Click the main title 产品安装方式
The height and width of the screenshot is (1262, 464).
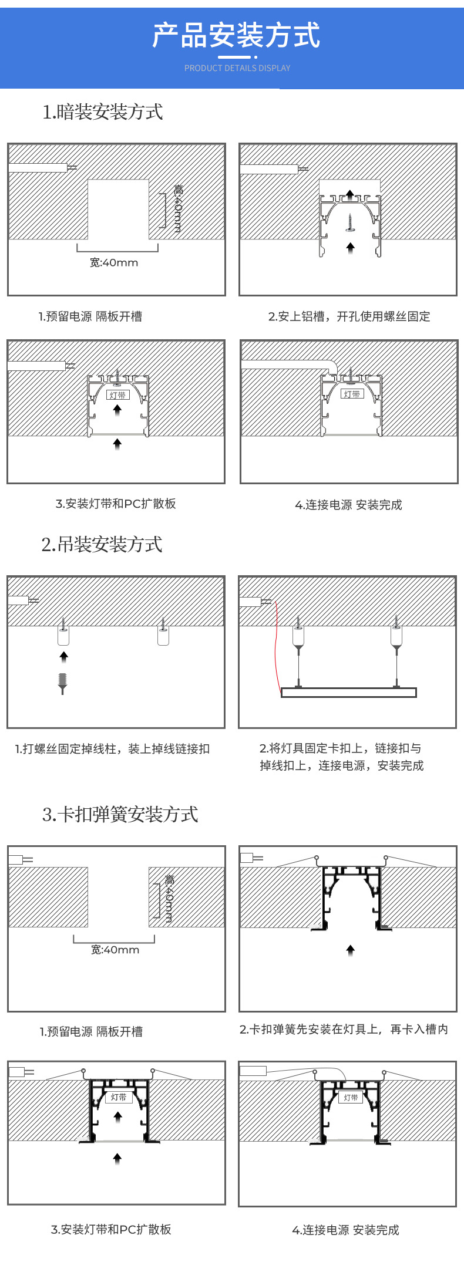(236, 36)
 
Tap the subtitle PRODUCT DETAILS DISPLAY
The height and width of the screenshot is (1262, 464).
(237, 68)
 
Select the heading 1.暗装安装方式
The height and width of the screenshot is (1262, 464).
(103, 112)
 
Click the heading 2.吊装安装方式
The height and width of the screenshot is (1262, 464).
(102, 544)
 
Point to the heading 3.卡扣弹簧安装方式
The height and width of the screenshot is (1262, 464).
(120, 814)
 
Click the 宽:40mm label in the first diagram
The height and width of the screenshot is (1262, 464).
(114, 262)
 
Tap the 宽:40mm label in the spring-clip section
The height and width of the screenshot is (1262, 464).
(115, 949)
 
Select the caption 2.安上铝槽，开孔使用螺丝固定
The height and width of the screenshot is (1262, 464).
(349, 316)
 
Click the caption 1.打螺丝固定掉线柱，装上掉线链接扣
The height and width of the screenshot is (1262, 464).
(112, 748)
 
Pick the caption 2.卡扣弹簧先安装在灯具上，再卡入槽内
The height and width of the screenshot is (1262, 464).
(344, 1029)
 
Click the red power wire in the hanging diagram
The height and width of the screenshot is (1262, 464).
(275, 646)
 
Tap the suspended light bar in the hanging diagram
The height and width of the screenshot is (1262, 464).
(348, 693)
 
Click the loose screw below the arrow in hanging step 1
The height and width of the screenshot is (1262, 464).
(63, 683)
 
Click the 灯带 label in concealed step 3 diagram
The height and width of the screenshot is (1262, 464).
(118, 395)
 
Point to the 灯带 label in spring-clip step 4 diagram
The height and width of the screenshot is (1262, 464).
(351, 1097)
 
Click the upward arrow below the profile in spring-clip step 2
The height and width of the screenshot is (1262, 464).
(351, 950)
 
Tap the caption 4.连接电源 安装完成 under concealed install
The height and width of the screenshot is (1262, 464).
(348, 505)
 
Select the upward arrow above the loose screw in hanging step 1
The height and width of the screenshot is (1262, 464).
(63, 656)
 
